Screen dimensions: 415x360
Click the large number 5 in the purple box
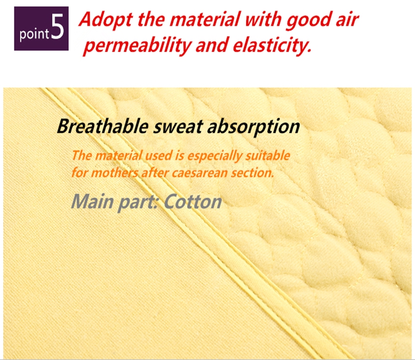[58, 27]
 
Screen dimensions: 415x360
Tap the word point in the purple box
[34, 34]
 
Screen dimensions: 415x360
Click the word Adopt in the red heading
[106, 20]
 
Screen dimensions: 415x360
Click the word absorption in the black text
[253, 127]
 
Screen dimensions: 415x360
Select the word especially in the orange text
[214, 156]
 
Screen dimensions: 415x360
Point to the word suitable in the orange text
[268, 156]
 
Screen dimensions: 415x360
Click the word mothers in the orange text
[115, 173]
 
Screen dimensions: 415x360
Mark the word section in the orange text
[252, 173]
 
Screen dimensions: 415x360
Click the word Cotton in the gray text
[193, 202]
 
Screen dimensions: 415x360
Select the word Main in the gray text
[92, 202]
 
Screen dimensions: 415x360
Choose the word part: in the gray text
[138, 203]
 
